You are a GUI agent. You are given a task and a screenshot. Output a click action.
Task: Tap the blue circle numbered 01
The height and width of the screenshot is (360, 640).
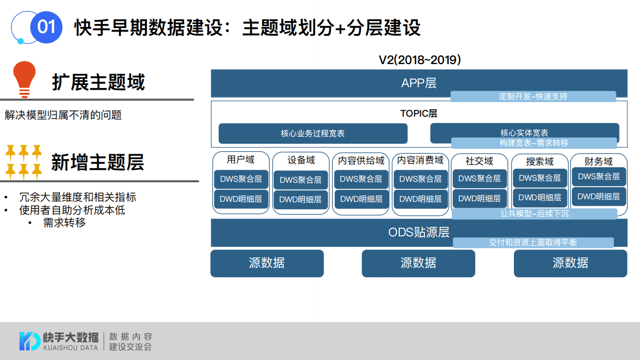pos(46,27)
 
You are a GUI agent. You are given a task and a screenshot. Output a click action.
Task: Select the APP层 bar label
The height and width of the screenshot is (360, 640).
pos(419,83)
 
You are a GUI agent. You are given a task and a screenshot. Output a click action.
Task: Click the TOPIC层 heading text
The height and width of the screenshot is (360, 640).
pos(419,114)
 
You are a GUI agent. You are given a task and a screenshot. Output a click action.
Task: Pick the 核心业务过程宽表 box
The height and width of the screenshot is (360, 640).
pos(313,134)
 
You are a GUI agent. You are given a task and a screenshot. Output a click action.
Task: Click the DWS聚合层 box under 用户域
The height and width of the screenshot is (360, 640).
pos(241,179)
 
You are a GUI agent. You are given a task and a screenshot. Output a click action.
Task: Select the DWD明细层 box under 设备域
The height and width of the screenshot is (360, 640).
pos(300,199)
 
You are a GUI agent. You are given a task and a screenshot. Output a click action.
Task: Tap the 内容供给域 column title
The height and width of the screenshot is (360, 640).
pos(361,161)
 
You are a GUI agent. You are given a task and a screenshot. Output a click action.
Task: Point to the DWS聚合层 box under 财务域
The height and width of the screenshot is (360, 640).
pos(598,177)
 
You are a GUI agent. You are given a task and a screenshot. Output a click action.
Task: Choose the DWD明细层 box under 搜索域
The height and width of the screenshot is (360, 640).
pos(539,198)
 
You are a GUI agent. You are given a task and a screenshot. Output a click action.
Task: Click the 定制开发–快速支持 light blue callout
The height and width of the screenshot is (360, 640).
pos(533,97)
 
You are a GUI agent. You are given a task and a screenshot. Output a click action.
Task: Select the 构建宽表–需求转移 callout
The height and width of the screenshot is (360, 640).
pos(534,143)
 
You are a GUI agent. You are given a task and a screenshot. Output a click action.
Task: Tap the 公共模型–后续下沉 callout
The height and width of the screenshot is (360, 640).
pos(534,214)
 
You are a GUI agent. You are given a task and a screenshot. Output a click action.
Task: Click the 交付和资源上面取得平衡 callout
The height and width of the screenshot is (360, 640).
pos(533,243)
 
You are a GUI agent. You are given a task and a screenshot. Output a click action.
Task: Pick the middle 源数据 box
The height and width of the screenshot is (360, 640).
pos(418,263)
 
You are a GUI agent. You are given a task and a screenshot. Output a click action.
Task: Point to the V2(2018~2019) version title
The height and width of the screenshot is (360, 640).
pos(419,60)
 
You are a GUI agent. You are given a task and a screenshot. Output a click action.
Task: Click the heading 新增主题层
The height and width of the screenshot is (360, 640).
pos(98,162)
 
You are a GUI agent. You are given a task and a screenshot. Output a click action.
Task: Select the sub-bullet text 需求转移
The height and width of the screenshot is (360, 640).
pos(65,223)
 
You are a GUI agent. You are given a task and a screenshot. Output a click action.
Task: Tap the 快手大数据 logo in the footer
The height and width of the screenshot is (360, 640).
pos(59,341)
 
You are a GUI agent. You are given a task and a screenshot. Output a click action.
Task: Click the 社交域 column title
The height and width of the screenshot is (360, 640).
pos(479,161)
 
